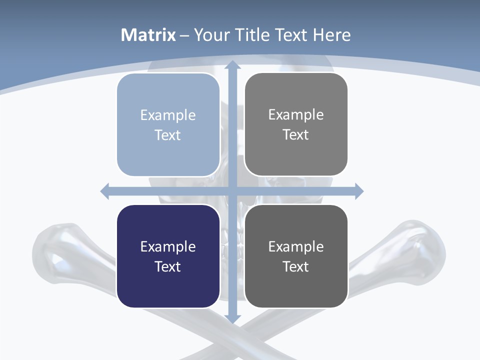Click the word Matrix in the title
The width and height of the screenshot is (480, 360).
click(x=148, y=35)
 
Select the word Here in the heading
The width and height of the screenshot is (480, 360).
click(x=331, y=35)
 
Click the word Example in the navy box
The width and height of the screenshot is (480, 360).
click(x=168, y=246)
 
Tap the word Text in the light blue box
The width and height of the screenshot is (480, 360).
click(x=168, y=135)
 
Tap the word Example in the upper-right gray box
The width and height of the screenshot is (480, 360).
click(x=296, y=114)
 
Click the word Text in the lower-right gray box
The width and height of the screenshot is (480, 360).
click(x=296, y=266)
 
